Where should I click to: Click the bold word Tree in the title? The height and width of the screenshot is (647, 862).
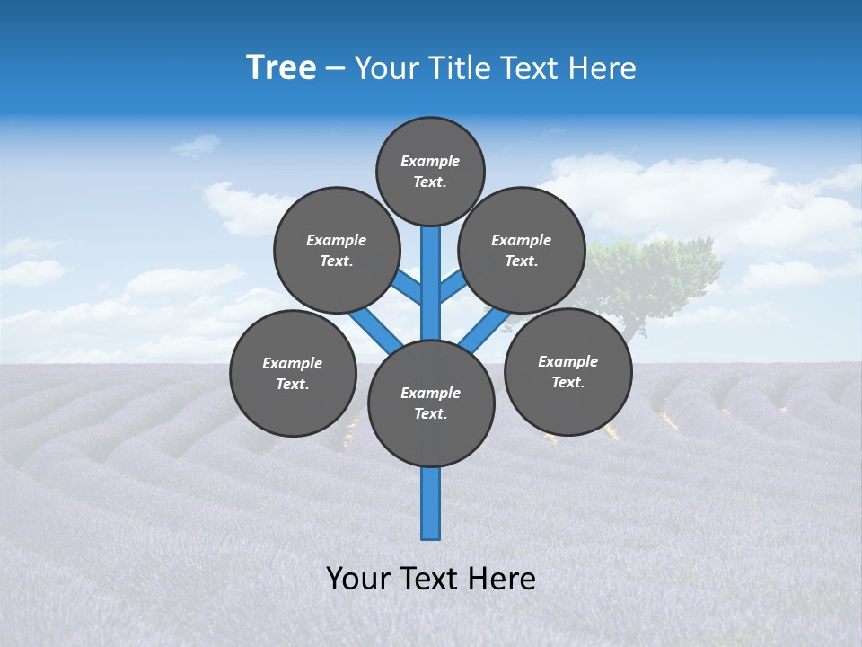click(x=281, y=67)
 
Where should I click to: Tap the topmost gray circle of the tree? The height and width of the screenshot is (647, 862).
click(x=430, y=171)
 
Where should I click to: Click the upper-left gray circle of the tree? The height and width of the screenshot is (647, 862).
click(x=337, y=250)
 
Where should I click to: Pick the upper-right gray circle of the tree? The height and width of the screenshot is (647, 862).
click(x=522, y=250)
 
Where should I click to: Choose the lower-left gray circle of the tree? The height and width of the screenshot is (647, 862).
click(x=293, y=373)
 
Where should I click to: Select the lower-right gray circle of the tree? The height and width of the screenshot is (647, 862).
click(x=568, y=371)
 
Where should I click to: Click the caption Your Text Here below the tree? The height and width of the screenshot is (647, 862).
click(x=431, y=579)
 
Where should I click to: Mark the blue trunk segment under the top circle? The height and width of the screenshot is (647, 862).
click(x=431, y=270)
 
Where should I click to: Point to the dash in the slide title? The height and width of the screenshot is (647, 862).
click(x=335, y=68)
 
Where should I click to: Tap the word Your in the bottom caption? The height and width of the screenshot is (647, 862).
click(x=358, y=579)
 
